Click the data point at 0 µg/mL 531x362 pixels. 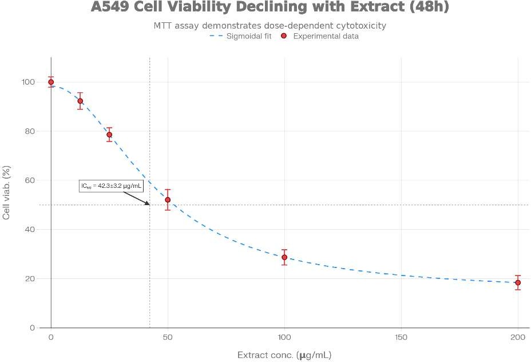click(51, 82)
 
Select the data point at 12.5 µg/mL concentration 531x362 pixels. click(80, 101)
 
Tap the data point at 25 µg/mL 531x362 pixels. click(109, 135)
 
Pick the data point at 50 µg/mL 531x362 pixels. click(168, 200)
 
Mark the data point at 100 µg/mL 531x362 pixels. click(284, 257)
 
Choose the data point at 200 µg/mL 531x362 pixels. click(518, 282)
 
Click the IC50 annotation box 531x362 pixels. click(111, 186)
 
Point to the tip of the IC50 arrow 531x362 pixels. click(149, 204)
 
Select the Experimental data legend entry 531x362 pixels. click(320, 36)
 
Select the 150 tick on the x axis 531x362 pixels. click(401, 337)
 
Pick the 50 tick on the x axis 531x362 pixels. click(168, 337)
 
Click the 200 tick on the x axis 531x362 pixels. click(518, 337)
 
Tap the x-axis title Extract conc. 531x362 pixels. click(284, 355)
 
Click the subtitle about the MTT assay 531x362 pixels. click(270, 26)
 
